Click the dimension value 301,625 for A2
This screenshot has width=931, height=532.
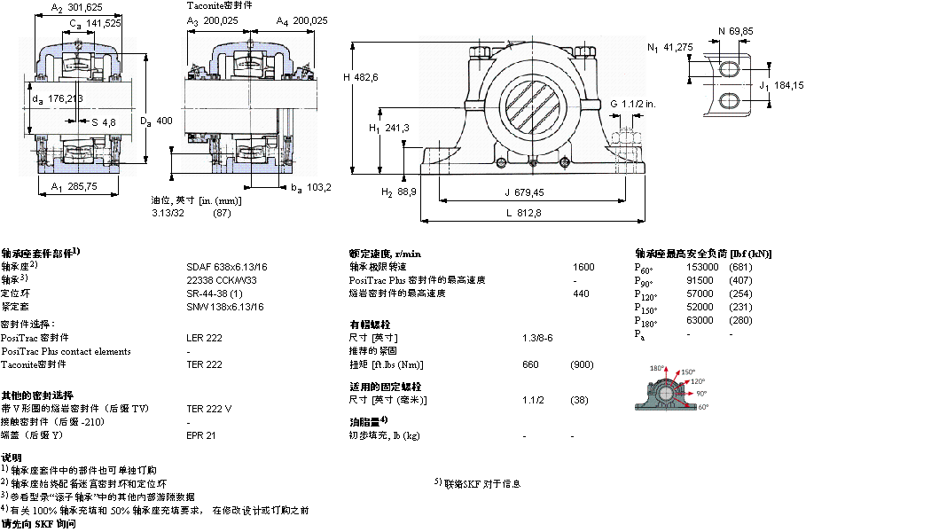pyautogui.click(x=88, y=8)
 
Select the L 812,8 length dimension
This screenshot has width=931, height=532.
pyautogui.click(x=523, y=213)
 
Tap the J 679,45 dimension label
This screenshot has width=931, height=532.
pyautogui.click(x=523, y=192)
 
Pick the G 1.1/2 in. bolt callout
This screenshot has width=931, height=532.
pyautogui.click(x=632, y=105)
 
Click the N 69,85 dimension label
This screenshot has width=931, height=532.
pyautogui.click(x=735, y=31)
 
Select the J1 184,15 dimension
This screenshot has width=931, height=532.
pyautogui.click(x=781, y=85)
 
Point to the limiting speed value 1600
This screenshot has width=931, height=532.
pyautogui.click(x=583, y=267)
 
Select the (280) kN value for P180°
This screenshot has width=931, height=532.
pyautogui.click(x=740, y=320)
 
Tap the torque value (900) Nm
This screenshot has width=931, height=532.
pyautogui.click(x=582, y=364)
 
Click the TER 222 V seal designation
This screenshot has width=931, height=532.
pyautogui.click(x=209, y=409)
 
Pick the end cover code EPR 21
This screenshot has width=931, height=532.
pyautogui.click(x=200, y=435)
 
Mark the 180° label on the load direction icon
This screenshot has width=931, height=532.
pyautogui.click(x=657, y=368)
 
